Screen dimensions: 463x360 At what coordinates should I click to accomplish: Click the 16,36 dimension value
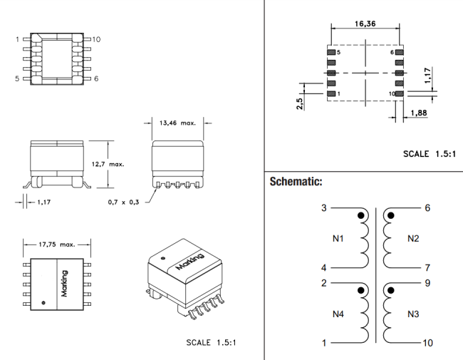point(365,24)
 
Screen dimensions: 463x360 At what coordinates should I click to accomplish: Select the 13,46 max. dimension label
point(177,123)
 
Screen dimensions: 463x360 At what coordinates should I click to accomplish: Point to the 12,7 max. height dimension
point(108,164)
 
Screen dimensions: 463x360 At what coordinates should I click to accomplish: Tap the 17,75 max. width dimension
point(57,245)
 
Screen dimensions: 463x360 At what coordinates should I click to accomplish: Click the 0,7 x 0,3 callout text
point(123,202)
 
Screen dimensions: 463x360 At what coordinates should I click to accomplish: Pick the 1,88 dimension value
point(419,113)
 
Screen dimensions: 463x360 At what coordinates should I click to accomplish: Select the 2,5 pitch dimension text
point(299,104)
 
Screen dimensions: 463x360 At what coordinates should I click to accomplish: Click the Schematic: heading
point(296,182)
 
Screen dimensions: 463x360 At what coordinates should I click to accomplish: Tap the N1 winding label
point(338,238)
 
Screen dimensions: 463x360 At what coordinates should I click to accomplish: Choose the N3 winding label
point(413,314)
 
